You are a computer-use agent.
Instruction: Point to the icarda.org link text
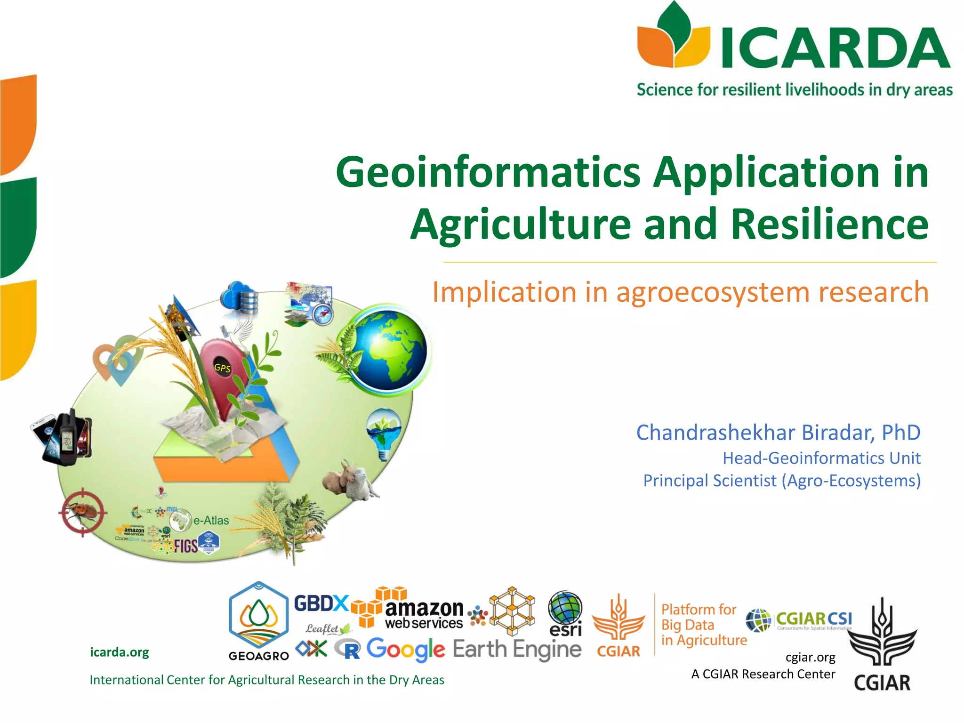coord(119,652)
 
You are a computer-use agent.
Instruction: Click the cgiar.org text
coord(810,657)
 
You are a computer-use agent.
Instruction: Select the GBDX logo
coord(321,603)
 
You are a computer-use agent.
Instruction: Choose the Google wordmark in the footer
coord(405,650)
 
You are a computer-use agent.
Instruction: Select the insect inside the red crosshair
coord(83,512)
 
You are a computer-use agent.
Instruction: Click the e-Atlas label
coord(211,521)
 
